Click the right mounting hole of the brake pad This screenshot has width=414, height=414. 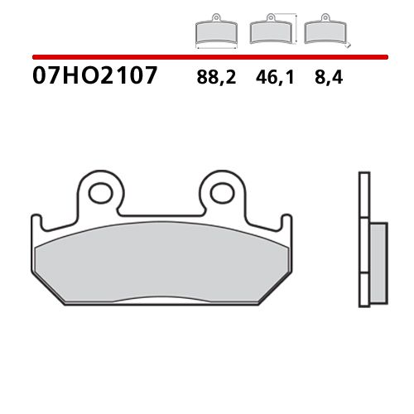tap(220, 194)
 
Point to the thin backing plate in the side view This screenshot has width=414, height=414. tap(363, 240)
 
